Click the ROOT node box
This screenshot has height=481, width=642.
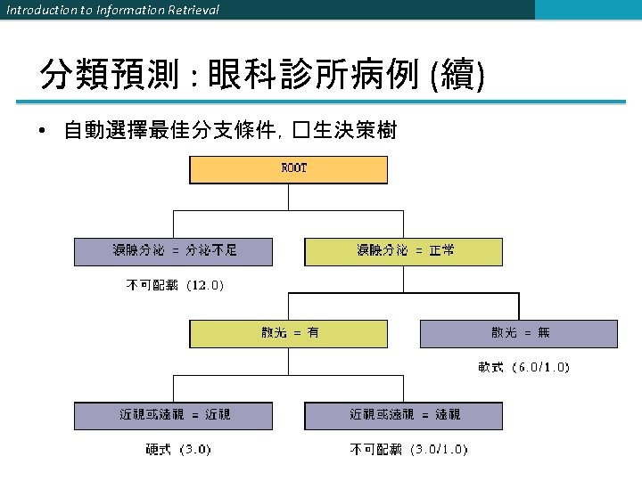[288, 169]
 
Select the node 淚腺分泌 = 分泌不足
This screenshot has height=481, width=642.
[173, 251]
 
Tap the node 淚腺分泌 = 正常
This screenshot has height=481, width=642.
[404, 251]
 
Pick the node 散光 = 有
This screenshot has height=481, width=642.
[289, 333]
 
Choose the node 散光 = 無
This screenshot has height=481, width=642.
[519, 333]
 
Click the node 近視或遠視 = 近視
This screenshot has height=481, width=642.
[173, 415]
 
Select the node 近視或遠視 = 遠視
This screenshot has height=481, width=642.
[404, 415]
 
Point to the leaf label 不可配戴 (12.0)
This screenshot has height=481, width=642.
[173, 286]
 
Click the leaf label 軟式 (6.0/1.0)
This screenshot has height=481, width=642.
[523, 367]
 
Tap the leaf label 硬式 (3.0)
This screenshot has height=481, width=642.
[178, 449]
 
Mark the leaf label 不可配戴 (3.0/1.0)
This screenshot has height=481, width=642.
[408, 449]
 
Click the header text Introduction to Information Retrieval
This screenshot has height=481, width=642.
[112, 10]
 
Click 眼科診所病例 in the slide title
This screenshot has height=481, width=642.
[313, 77]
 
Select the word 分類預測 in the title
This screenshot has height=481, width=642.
[111, 77]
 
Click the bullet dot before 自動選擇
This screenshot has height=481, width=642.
[42, 133]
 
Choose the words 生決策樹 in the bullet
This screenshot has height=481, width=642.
[354, 133]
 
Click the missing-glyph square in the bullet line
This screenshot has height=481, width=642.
[300, 133]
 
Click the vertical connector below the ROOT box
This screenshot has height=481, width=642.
[288, 197]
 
